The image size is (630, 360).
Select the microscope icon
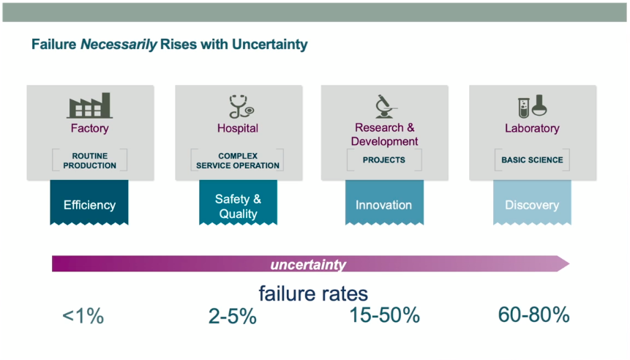click(x=385, y=106)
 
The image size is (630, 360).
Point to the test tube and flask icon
click(x=532, y=107)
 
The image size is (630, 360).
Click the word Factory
click(x=90, y=128)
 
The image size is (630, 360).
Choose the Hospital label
click(x=238, y=128)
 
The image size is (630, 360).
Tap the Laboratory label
click(x=532, y=128)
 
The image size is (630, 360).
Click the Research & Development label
click(x=385, y=135)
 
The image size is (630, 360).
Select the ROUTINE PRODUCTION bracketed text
click(x=90, y=160)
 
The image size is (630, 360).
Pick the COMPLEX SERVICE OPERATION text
click(x=238, y=160)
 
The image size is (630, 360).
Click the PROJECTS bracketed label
click(x=384, y=160)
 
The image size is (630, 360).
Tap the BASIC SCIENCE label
click(x=532, y=160)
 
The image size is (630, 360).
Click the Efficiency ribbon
click(x=89, y=205)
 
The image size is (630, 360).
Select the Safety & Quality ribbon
click(x=238, y=206)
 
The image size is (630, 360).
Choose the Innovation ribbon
click(x=384, y=205)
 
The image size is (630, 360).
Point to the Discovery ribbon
click(x=532, y=205)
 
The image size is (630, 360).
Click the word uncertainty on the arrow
click(x=308, y=264)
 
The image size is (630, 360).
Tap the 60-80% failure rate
click(x=533, y=315)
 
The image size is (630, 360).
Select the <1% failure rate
click(x=83, y=316)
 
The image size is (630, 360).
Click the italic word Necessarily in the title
click(x=118, y=45)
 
